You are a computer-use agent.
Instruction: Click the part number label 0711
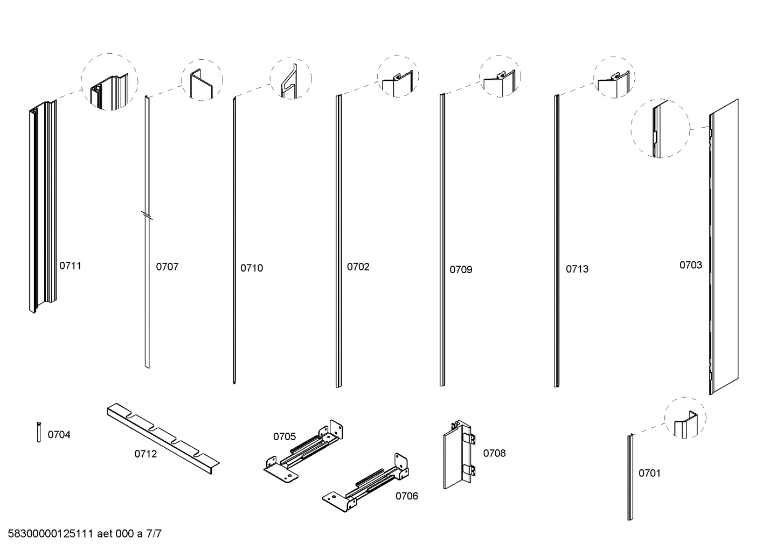tap(70, 266)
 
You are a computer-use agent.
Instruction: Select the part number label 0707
tap(167, 267)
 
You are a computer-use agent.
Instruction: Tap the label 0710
tap(252, 268)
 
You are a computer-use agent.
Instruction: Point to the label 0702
tap(358, 267)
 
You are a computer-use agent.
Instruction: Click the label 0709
tap(461, 269)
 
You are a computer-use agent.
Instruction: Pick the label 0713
tap(577, 269)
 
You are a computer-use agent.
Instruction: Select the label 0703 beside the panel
tap(690, 265)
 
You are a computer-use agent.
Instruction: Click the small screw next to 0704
tap(39, 432)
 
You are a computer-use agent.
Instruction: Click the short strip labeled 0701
tap(629, 477)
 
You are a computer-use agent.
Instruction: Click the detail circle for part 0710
tap(291, 79)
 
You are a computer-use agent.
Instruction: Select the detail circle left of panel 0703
tap(660, 128)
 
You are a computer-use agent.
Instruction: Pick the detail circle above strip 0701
tap(685, 418)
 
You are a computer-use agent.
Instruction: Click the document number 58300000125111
tap(51, 534)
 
